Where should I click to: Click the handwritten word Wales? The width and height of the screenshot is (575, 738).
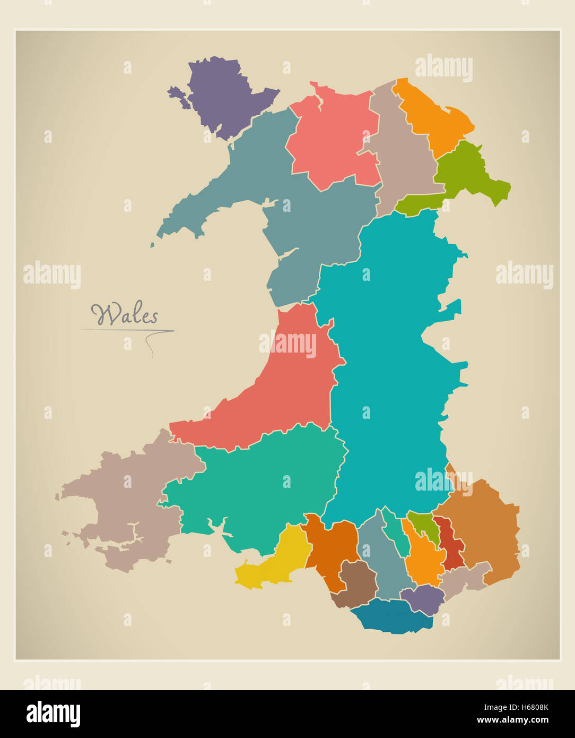125,315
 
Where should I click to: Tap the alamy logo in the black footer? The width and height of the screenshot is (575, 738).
53,714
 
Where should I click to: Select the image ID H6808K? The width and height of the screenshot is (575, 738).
526,707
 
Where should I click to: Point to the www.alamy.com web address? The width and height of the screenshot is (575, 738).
512,720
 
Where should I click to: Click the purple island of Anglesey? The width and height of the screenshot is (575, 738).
217,93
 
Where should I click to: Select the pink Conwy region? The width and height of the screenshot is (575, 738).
332,138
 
